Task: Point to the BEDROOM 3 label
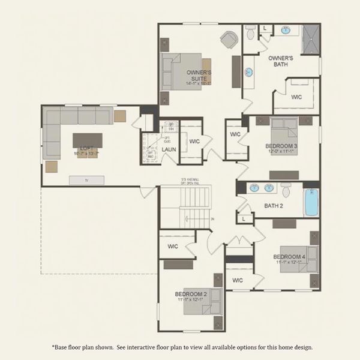[281, 146]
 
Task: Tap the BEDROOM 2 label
[191, 294]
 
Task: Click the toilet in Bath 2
[286, 191]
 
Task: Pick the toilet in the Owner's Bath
[251, 34]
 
